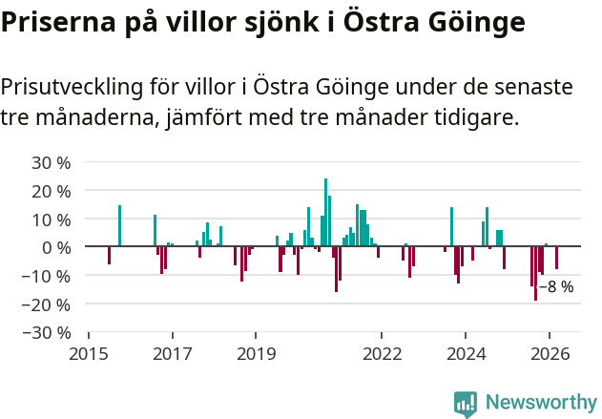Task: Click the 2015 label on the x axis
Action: (x=89, y=354)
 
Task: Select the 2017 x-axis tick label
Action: (x=173, y=354)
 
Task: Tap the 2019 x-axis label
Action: (x=256, y=354)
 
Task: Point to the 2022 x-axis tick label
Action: (x=382, y=354)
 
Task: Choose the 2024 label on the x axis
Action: (x=466, y=354)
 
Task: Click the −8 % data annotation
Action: (x=556, y=286)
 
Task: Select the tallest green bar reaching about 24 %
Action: (x=325, y=212)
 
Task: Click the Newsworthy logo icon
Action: (x=466, y=404)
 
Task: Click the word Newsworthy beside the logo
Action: (x=540, y=403)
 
